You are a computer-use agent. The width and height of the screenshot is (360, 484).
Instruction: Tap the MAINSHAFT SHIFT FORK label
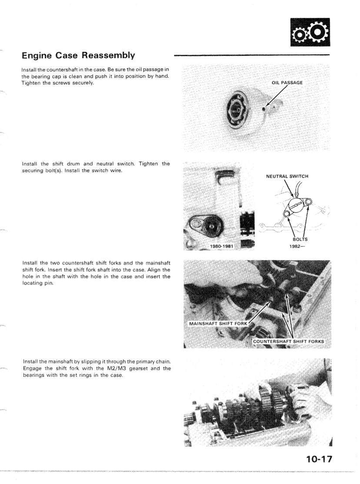(x=217, y=324)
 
